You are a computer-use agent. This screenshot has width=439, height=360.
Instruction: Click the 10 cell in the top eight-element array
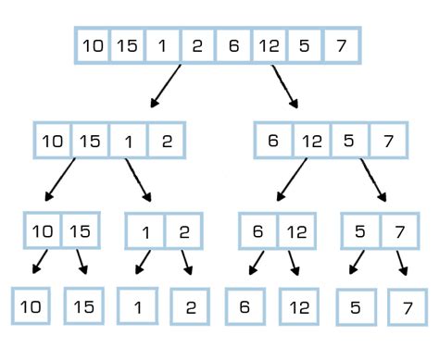92,44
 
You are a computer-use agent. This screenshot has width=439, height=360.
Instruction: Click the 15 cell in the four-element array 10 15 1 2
90,141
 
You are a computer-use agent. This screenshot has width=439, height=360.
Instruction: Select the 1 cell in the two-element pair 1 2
144,231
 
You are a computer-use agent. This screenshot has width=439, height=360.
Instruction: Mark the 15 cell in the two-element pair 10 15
81,230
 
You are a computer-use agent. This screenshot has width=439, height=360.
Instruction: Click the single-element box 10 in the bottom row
31,305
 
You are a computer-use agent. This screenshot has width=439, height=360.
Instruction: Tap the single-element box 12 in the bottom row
298,305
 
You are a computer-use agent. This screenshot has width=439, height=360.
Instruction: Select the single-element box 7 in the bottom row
406,305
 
